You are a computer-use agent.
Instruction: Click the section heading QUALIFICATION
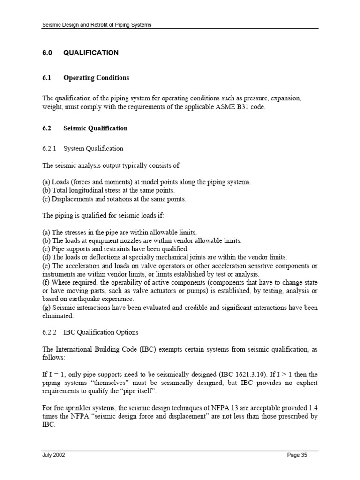point(91,53)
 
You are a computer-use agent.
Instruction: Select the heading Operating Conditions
point(96,78)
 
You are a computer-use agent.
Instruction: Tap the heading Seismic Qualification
point(95,128)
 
